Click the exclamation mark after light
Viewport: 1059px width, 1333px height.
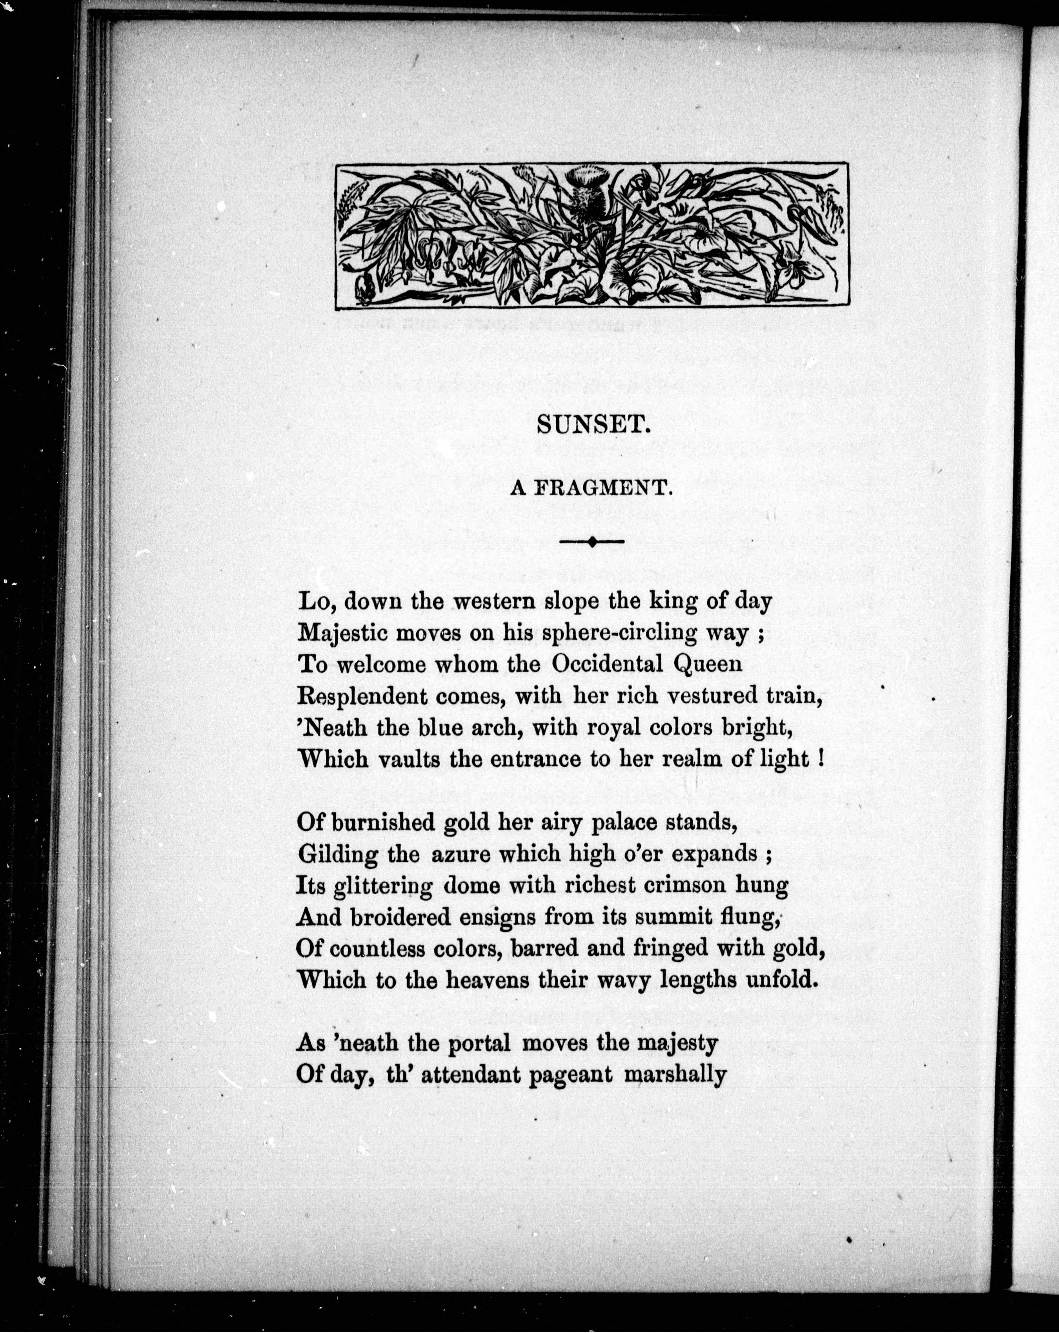(821, 759)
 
